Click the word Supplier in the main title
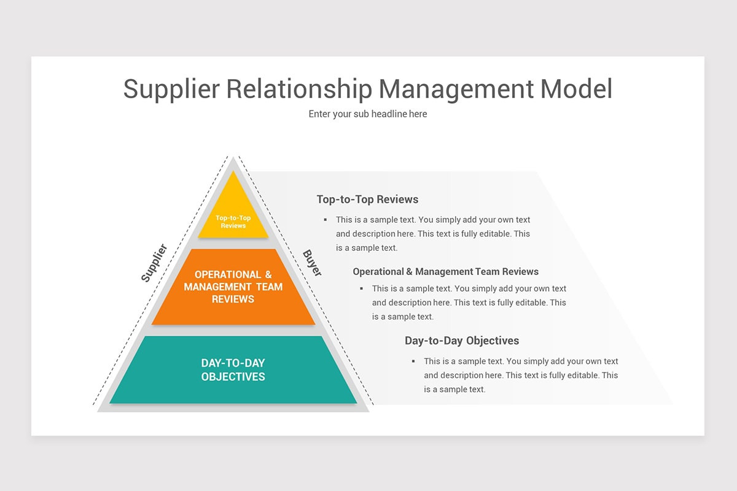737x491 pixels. tap(171, 88)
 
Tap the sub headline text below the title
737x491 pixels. tap(367, 114)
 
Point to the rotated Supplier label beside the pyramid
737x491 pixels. tap(154, 263)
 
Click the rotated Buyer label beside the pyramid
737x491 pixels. tap(312, 263)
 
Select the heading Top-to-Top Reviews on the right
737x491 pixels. tap(367, 199)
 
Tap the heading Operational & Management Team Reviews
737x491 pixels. tap(445, 271)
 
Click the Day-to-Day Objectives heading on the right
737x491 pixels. tap(461, 341)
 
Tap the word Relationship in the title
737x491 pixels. tap(299, 88)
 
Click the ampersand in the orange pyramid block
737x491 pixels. tap(268, 274)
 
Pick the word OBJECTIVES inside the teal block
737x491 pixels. tap(233, 376)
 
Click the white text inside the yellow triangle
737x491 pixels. tap(233, 222)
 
